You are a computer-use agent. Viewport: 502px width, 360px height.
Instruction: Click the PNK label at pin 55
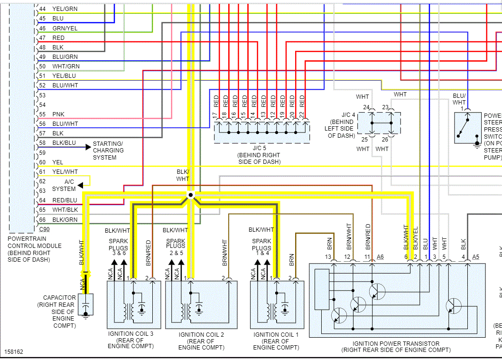click(58, 114)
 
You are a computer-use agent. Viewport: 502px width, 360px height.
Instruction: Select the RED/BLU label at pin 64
click(65, 200)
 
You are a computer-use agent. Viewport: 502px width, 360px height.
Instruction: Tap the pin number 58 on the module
click(42, 143)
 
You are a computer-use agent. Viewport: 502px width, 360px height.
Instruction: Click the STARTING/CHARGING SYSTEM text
click(108, 151)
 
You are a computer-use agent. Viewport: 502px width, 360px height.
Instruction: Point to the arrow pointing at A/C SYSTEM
click(81, 185)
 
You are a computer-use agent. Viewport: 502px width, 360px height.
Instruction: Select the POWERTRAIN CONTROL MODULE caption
click(35, 249)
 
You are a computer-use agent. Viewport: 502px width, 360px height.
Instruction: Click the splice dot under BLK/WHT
click(190, 195)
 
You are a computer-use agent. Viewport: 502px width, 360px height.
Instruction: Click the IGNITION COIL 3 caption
click(130, 340)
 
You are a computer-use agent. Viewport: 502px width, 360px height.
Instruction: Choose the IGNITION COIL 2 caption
click(201, 341)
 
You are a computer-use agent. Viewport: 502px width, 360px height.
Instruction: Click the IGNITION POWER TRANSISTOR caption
click(396, 347)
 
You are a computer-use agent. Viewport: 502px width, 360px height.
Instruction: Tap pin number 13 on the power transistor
click(327, 257)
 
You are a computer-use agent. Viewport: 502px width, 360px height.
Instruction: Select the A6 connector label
click(380, 257)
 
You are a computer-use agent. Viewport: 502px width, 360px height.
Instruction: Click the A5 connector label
click(476, 257)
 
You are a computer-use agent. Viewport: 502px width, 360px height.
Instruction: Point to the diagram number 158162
click(14, 352)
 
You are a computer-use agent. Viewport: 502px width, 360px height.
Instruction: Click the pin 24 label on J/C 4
click(366, 107)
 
